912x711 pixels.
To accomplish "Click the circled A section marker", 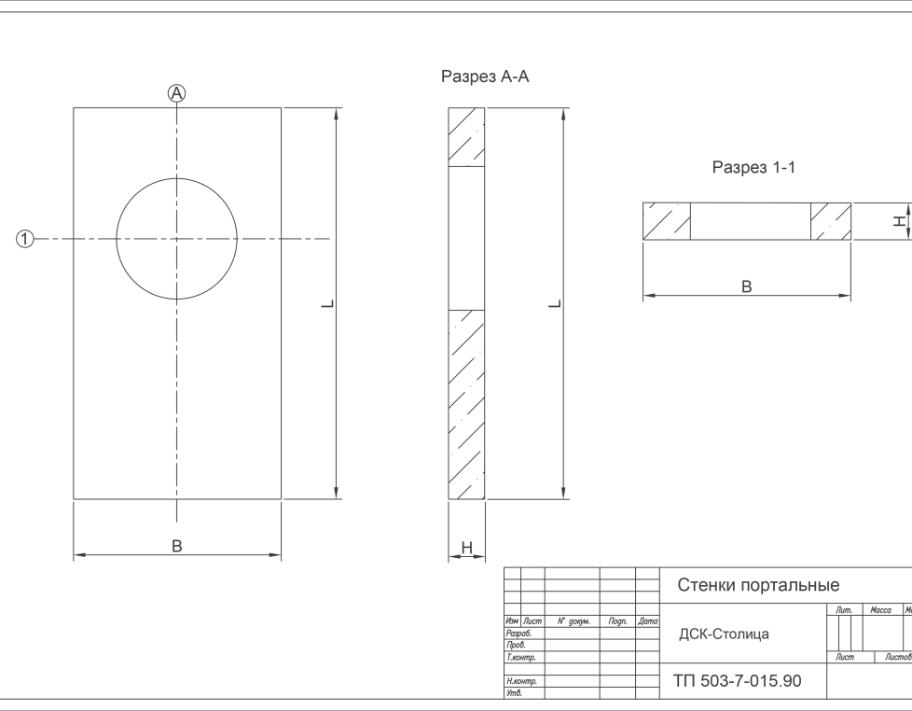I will click(177, 92).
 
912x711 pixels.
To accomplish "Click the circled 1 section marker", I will click(25, 240).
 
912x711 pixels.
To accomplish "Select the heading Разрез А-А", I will click(485, 77).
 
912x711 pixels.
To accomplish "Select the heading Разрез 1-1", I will click(753, 168).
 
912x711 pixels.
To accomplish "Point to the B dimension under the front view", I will click(177, 546).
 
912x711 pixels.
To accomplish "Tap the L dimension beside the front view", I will click(333, 304).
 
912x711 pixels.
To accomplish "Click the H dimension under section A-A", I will click(467, 549).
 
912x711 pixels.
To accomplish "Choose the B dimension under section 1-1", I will click(746, 286).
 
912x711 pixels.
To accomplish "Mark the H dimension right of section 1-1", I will click(899, 221).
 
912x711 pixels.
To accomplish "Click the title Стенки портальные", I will click(757, 585).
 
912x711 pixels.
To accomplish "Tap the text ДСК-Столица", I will click(724, 634).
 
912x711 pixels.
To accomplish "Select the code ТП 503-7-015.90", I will click(736, 681).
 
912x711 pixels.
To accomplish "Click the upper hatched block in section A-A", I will click(467, 138).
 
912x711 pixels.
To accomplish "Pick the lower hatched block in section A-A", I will click(467, 404).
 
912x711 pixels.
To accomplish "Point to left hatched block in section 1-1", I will click(667, 221).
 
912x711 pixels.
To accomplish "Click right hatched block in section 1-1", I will click(830, 221).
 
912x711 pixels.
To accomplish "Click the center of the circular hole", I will click(176, 240).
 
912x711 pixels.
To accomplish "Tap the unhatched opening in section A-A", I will click(467, 238).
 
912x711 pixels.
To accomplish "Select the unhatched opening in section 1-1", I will click(750, 221).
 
